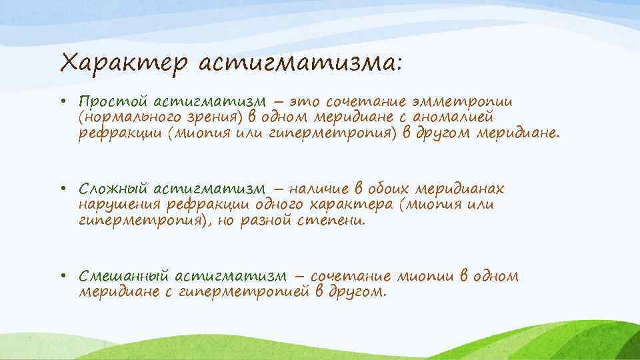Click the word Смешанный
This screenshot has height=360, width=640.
click(x=123, y=276)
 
